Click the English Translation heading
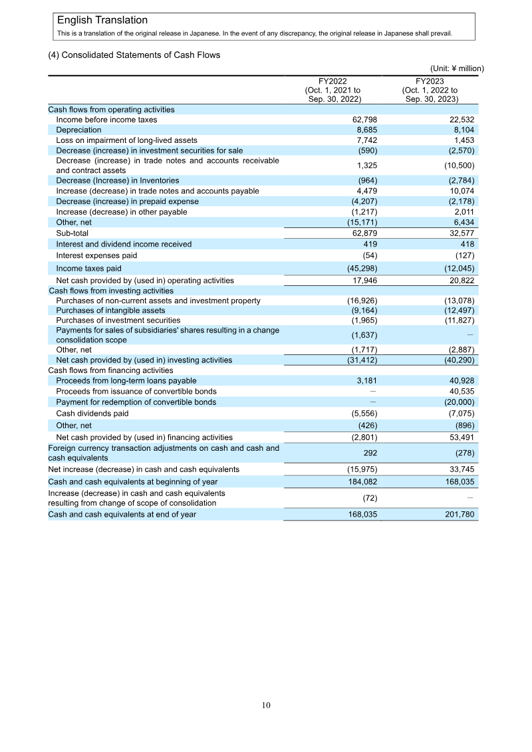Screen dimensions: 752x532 102,21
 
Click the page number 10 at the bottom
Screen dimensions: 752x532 266,705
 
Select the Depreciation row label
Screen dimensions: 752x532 78,130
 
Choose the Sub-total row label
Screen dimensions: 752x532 72,233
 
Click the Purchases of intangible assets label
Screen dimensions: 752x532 110,311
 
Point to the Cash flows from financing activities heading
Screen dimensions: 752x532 110,370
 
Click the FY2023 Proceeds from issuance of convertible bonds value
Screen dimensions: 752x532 461,391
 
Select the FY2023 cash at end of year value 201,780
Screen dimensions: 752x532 459,515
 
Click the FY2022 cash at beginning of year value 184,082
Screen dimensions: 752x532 362,481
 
